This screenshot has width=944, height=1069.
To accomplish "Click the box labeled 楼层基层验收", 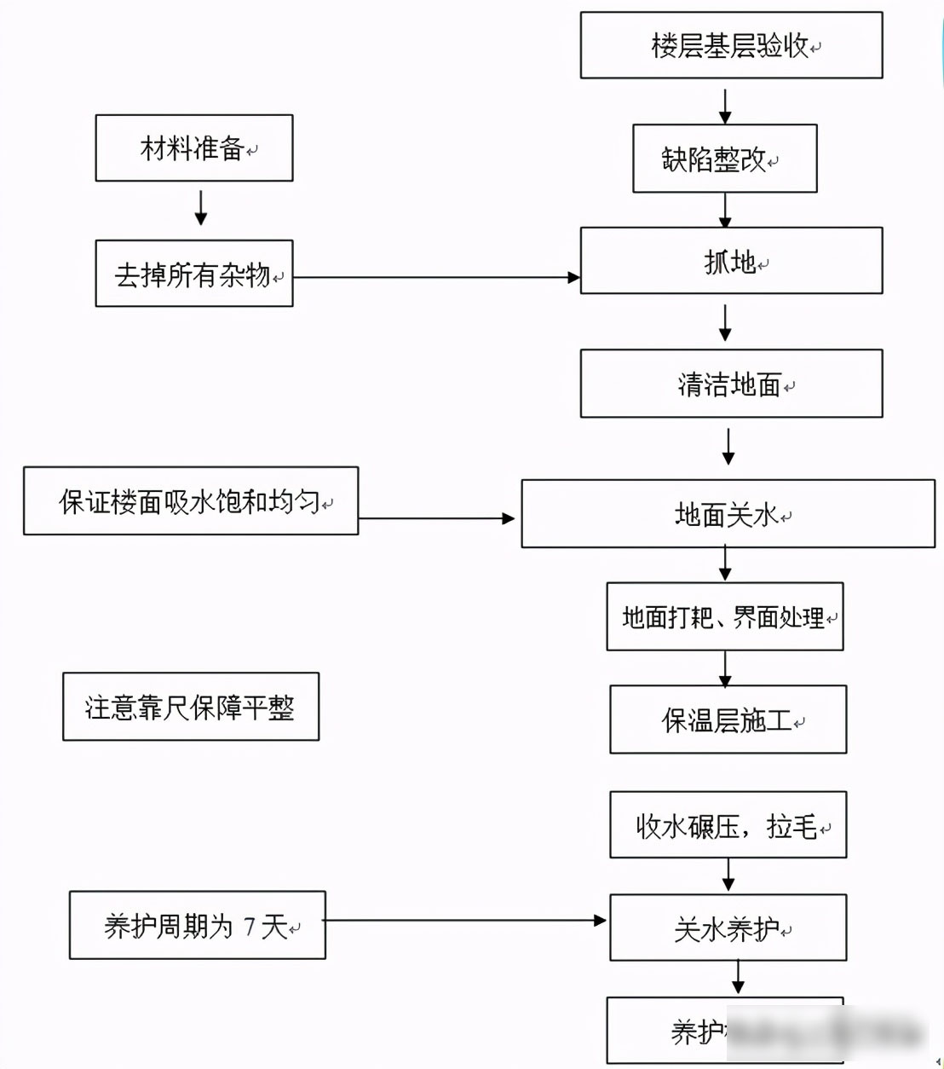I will (731, 45).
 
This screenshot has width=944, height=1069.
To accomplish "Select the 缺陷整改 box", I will (724, 159).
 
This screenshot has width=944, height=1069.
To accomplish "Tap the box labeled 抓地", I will (731, 261).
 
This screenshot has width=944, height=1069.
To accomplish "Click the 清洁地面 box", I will (731, 384).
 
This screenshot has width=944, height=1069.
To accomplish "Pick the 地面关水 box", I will (728, 513).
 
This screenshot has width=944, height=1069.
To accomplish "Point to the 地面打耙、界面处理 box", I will (724, 616).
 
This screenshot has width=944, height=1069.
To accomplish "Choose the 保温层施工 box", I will (728, 719).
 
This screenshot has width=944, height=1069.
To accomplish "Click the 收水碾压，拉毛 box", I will (728, 824).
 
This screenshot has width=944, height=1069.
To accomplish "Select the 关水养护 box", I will (728, 927).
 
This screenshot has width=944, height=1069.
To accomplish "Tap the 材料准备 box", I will (194, 148).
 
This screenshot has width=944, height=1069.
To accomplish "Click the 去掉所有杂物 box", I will (194, 274).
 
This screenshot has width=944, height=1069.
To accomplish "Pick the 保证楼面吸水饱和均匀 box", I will (191, 501).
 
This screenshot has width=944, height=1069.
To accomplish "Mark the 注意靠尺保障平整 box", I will (191, 707).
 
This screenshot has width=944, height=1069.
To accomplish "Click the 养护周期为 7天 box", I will (198, 925).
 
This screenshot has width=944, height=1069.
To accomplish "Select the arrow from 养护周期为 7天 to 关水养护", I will (464, 921).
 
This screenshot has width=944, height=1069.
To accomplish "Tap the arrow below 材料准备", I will (201, 208).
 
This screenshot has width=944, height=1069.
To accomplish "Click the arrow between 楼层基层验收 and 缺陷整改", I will (725, 106).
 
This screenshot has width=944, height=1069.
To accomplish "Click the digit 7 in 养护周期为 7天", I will (250, 926).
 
